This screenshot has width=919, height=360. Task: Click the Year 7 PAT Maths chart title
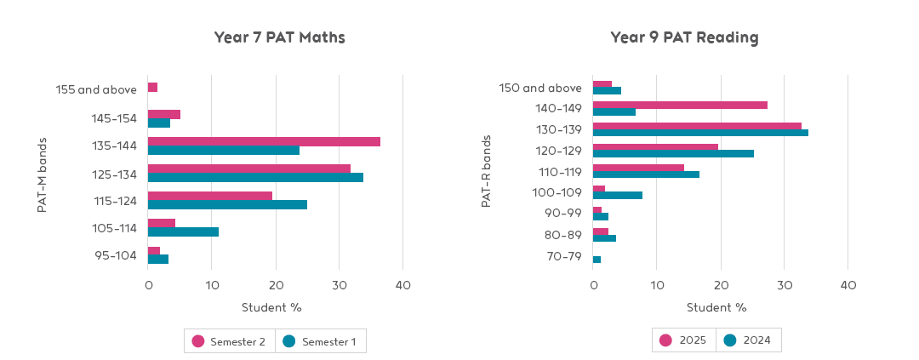click(279, 37)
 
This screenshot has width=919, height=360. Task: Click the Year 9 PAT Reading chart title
click(684, 37)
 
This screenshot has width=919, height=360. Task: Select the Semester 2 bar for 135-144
click(264, 141)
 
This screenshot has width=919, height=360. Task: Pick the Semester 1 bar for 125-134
click(255, 178)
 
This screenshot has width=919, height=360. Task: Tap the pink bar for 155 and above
click(152, 88)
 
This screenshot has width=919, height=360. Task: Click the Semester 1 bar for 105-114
click(183, 231)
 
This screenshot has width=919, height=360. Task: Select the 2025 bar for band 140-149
click(680, 105)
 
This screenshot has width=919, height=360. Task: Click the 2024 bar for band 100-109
click(618, 196)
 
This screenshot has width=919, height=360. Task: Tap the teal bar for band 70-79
click(596, 260)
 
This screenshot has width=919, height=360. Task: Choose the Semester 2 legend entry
click(230, 341)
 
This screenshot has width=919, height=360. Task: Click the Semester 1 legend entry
click(322, 341)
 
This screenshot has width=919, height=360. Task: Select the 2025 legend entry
click(685, 340)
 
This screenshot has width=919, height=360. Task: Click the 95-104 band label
click(115, 255)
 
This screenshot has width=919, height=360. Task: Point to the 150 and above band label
click(539, 88)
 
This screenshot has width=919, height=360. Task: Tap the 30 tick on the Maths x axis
click(339, 286)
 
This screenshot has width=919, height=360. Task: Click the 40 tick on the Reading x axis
click(848, 286)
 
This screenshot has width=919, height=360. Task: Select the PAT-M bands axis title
click(43, 174)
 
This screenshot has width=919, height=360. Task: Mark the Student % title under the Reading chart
click(716, 307)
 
